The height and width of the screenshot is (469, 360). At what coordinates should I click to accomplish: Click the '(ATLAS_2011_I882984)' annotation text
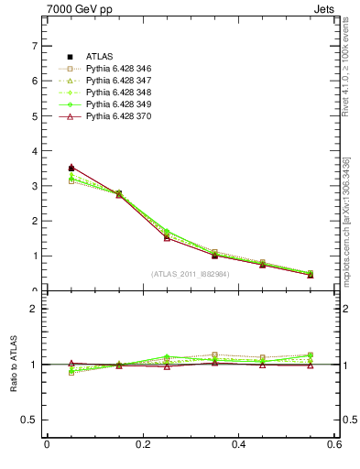coord(191,273)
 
